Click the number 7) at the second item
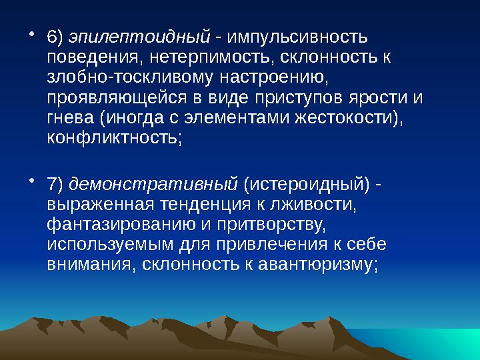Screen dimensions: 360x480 coord(56,182)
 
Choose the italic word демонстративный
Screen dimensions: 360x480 coord(154,182)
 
